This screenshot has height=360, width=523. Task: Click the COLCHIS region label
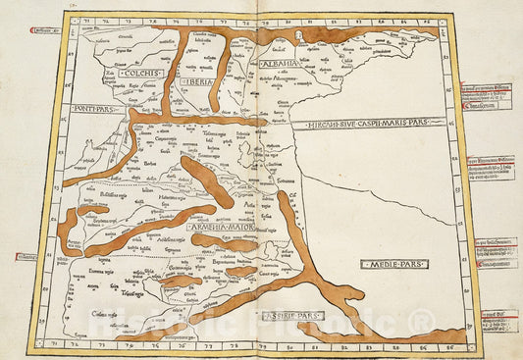pos(143,73)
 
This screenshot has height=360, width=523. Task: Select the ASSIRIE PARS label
pos(291,316)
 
